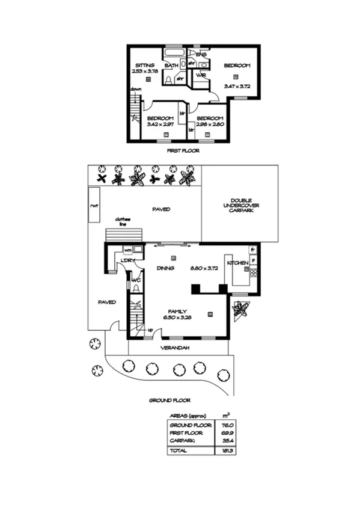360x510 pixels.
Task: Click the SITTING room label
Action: (x=145, y=65)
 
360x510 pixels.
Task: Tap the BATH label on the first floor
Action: (x=171, y=65)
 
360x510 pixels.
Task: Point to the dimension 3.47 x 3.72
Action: (x=236, y=87)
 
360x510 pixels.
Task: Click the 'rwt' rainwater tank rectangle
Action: (x=94, y=204)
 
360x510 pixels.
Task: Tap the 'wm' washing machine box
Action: (x=128, y=250)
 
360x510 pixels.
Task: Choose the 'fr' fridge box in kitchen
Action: (x=253, y=249)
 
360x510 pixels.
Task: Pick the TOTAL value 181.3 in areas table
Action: (x=227, y=450)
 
